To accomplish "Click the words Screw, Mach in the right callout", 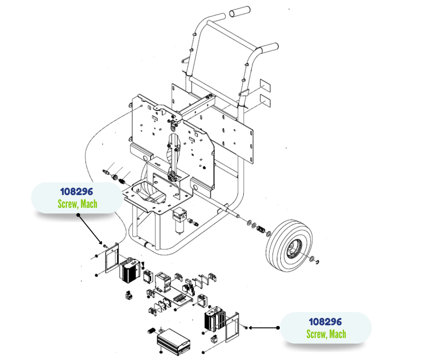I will coord(326,334).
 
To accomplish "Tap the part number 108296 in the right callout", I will coord(325,322).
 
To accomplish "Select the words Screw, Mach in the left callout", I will coord(78,204).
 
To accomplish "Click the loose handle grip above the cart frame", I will coord(240,12).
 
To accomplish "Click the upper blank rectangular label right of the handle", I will coord(265,85).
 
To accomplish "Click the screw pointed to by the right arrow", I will coord(246,328).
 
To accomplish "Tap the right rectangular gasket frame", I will coord(232,327).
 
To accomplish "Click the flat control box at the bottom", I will coord(173,339).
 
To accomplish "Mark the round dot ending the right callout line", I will coord(277,328).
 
